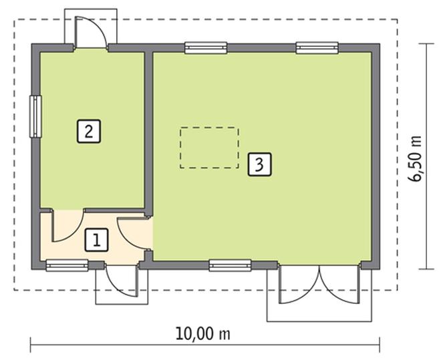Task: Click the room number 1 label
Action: [x=97, y=240]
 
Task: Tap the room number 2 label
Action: [x=89, y=130]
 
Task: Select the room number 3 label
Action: [x=260, y=164]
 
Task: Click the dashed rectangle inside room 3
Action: [x=208, y=147]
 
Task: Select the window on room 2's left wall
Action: [x=35, y=117]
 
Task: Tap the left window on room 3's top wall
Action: [x=206, y=47]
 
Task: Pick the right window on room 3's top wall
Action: [x=317, y=47]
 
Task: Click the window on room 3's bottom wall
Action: [x=230, y=265]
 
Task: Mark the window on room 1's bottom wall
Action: [x=67, y=265]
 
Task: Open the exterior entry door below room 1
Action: [x=122, y=281]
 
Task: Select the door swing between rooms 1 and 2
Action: [x=67, y=227]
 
